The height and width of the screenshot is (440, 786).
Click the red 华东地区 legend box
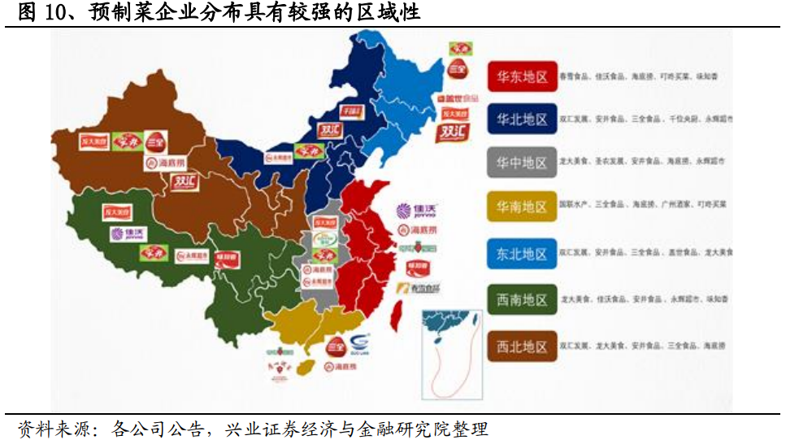(522, 76)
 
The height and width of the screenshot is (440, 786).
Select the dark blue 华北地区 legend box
(522, 119)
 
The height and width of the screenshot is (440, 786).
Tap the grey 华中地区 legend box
(522, 162)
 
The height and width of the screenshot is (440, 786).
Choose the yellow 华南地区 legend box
(522, 207)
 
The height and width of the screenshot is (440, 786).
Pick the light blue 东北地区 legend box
(522, 254)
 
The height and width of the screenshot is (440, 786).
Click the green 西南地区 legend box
(522, 299)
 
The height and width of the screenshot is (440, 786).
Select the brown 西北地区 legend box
(522, 346)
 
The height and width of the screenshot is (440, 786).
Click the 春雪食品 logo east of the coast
(418, 288)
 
